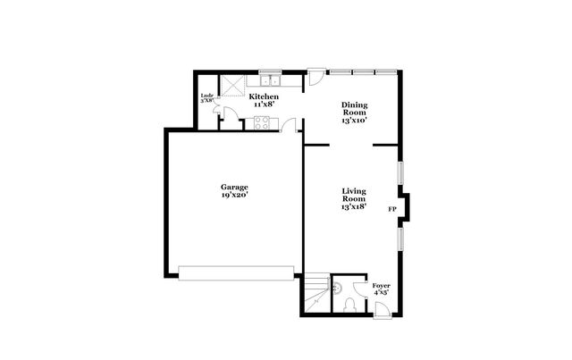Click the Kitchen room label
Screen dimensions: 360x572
point(264,96)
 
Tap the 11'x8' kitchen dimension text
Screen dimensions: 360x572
point(264,104)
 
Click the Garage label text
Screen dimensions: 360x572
point(235,187)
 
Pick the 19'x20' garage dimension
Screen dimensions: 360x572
point(235,194)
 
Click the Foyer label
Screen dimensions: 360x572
point(381,286)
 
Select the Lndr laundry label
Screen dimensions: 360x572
point(206,95)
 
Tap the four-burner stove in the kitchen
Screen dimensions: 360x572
point(263,124)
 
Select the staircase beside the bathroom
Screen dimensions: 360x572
point(315,295)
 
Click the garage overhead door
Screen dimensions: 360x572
point(235,272)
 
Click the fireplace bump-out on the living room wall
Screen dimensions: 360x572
point(405,207)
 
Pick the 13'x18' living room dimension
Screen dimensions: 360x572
point(354,206)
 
